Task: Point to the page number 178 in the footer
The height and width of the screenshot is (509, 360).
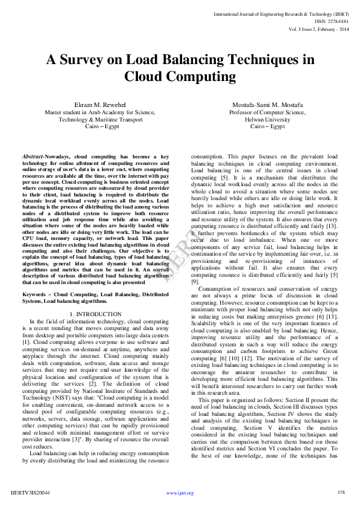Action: pyautogui.click(x=341, y=493)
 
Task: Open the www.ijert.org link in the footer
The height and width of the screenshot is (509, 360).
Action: pyautogui.click(x=180, y=493)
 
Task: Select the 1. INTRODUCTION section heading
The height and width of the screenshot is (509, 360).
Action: pyautogui.click(x=96, y=314)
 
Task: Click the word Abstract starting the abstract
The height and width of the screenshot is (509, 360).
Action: pyautogui.click(x=32, y=157)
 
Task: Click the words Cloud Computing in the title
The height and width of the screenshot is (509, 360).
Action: pyautogui.click(x=180, y=77)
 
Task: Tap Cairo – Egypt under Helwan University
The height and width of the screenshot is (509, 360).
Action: pyautogui.click(x=267, y=126)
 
